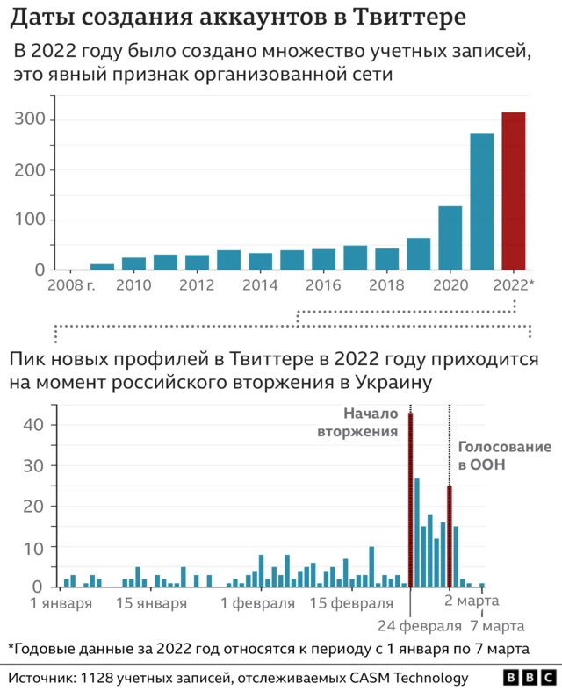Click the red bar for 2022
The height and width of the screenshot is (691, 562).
(513, 191)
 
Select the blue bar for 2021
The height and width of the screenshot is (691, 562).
(482, 201)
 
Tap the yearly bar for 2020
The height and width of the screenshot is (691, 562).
(450, 237)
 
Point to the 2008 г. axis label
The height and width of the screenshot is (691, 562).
(72, 285)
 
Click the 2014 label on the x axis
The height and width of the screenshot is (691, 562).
(260, 285)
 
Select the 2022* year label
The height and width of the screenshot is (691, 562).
(514, 285)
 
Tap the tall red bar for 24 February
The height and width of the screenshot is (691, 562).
(410, 500)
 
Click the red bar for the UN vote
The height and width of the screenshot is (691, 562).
(450, 536)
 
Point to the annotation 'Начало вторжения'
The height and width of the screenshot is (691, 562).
(370, 422)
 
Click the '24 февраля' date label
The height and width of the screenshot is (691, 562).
(420, 626)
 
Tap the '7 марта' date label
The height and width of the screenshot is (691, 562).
(497, 626)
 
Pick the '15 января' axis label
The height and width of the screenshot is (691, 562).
(151, 603)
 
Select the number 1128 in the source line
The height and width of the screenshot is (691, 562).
(99, 678)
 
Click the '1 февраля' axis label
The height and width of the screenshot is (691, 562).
(258, 603)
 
